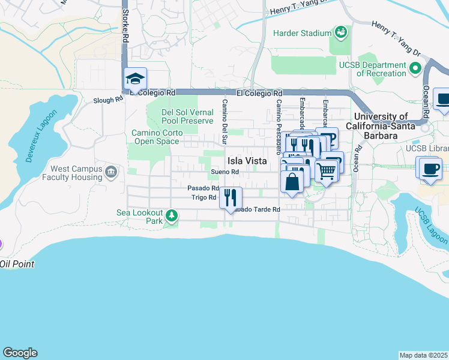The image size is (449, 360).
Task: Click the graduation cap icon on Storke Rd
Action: pyautogui.click(x=135, y=79)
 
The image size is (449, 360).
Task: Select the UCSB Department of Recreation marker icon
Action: pyautogui.click(x=415, y=70)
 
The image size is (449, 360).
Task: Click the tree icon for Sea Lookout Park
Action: pyautogui.click(x=172, y=215)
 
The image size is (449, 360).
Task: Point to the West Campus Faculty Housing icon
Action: pyautogui.click(x=110, y=173)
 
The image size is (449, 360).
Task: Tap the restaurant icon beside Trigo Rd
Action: pyautogui.click(x=231, y=197)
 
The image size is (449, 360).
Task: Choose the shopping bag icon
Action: pyautogui.click(x=292, y=181)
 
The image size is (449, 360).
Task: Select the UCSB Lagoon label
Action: pyautogui.click(x=431, y=226)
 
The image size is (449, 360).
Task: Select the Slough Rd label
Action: pyautogui.click(x=107, y=100)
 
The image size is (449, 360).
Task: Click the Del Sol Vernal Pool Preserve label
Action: pyautogui.click(x=187, y=116)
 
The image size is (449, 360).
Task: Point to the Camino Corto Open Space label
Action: pyautogui.click(x=155, y=137)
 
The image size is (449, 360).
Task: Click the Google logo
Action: pyautogui.click(x=20, y=353)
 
